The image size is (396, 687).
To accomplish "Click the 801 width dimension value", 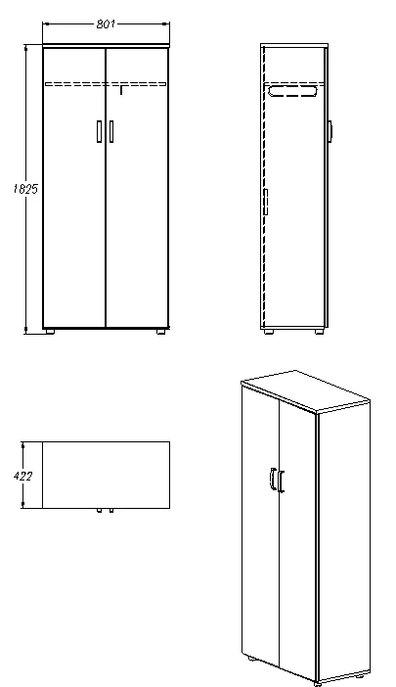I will tap(106, 24).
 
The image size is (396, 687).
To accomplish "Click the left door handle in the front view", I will tap(99, 131).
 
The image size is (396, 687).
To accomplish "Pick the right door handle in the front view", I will tap(111, 131).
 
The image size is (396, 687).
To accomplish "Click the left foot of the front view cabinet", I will tap(51, 332).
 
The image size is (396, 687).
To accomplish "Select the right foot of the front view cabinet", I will tap(160, 332).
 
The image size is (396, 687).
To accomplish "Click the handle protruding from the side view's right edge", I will tap(332, 130).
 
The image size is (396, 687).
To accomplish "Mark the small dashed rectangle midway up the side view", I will tap(265, 205).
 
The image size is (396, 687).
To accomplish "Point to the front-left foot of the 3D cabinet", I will tap(254, 662).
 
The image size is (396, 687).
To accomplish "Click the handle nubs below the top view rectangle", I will tap(105, 510).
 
